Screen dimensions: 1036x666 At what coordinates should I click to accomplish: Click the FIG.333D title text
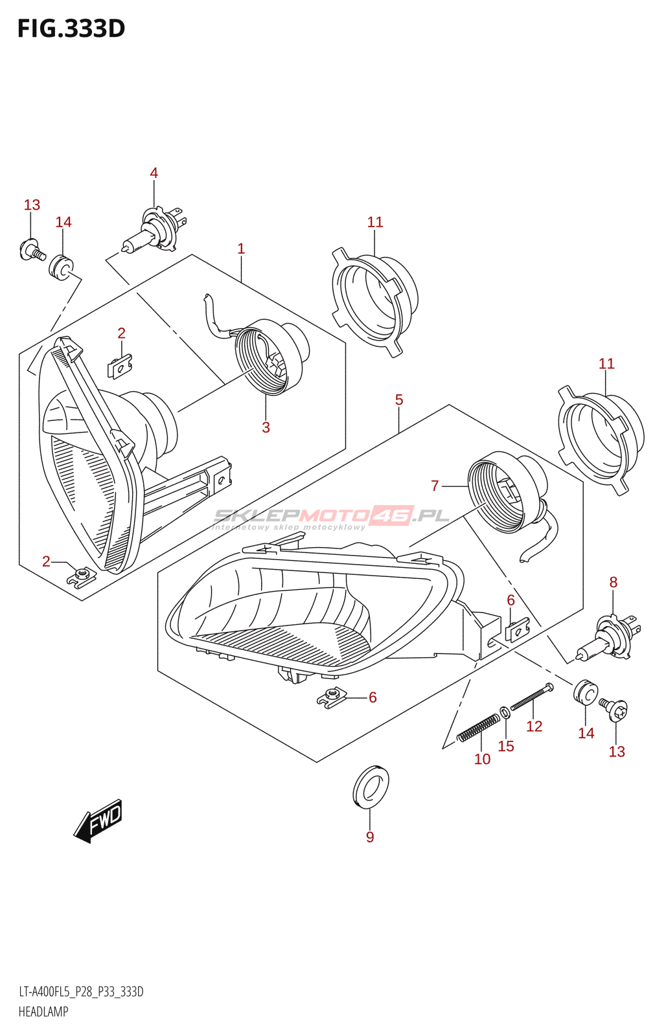click(x=71, y=28)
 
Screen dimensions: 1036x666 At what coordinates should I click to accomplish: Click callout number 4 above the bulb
click(x=154, y=173)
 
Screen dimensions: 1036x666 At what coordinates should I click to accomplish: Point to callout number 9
click(x=370, y=837)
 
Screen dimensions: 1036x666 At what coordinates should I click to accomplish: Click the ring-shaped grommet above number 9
click(x=371, y=787)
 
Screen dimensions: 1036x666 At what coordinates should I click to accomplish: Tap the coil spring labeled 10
click(x=478, y=728)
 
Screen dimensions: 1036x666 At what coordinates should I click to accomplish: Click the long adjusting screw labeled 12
click(x=531, y=697)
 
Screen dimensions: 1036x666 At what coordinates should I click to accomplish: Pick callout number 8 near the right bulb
click(x=614, y=582)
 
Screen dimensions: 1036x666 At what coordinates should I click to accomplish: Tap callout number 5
click(x=399, y=400)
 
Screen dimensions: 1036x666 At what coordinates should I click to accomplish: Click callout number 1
click(x=241, y=249)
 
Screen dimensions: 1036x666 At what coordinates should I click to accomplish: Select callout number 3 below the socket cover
click(x=266, y=427)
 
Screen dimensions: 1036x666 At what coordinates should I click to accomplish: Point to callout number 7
click(x=435, y=485)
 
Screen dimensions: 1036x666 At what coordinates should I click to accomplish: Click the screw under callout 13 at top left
click(x=32, y=250)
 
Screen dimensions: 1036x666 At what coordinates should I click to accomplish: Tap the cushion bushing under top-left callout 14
click(x=62, y=267)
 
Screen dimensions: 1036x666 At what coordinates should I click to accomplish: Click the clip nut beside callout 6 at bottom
click(x=332, y=697)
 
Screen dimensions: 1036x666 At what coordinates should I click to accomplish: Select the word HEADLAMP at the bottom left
click(x=43, y=1011)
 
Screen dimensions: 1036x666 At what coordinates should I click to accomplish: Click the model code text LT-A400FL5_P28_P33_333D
click(x=81, y=992)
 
